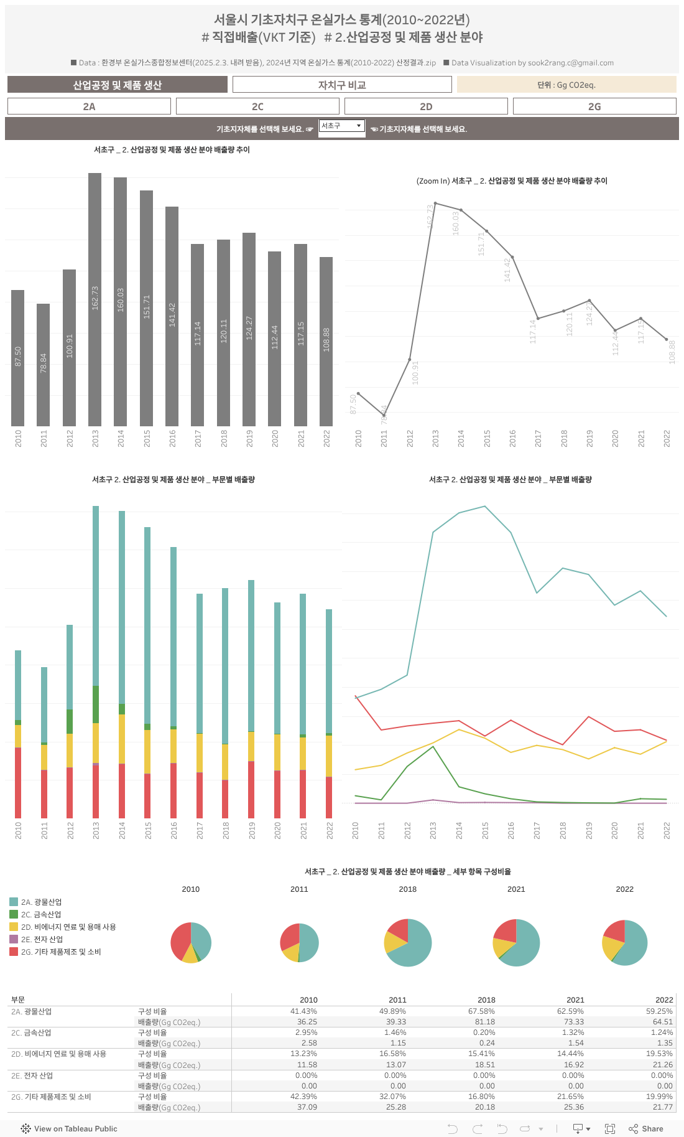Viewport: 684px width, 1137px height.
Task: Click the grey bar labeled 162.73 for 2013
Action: coord(95,299)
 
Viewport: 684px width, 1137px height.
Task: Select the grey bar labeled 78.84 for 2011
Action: coord(43,365)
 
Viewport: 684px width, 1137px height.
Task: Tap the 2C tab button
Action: coord(257,106)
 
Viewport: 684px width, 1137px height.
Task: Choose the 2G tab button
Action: coord(594,106)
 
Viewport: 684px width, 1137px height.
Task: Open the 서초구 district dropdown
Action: coord(341,126)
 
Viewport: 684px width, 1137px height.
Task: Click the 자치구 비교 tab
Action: coord(342,85)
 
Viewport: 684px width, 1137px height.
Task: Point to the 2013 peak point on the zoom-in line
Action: coord(435,203)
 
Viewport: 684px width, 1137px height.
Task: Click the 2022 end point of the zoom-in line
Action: coord(667,340)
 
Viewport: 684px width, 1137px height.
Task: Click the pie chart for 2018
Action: coord(408,942)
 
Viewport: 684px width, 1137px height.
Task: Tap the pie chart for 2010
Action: coord(191,942)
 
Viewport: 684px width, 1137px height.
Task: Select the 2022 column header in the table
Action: coord(664,1000)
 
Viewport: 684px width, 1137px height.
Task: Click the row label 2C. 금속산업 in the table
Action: coord(31,1032)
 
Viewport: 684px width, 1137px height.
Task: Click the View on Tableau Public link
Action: coord(75,1128)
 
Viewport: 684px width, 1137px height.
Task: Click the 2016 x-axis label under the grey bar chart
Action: coord(172,438)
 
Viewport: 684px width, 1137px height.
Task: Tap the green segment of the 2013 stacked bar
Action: coord(96,704)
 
